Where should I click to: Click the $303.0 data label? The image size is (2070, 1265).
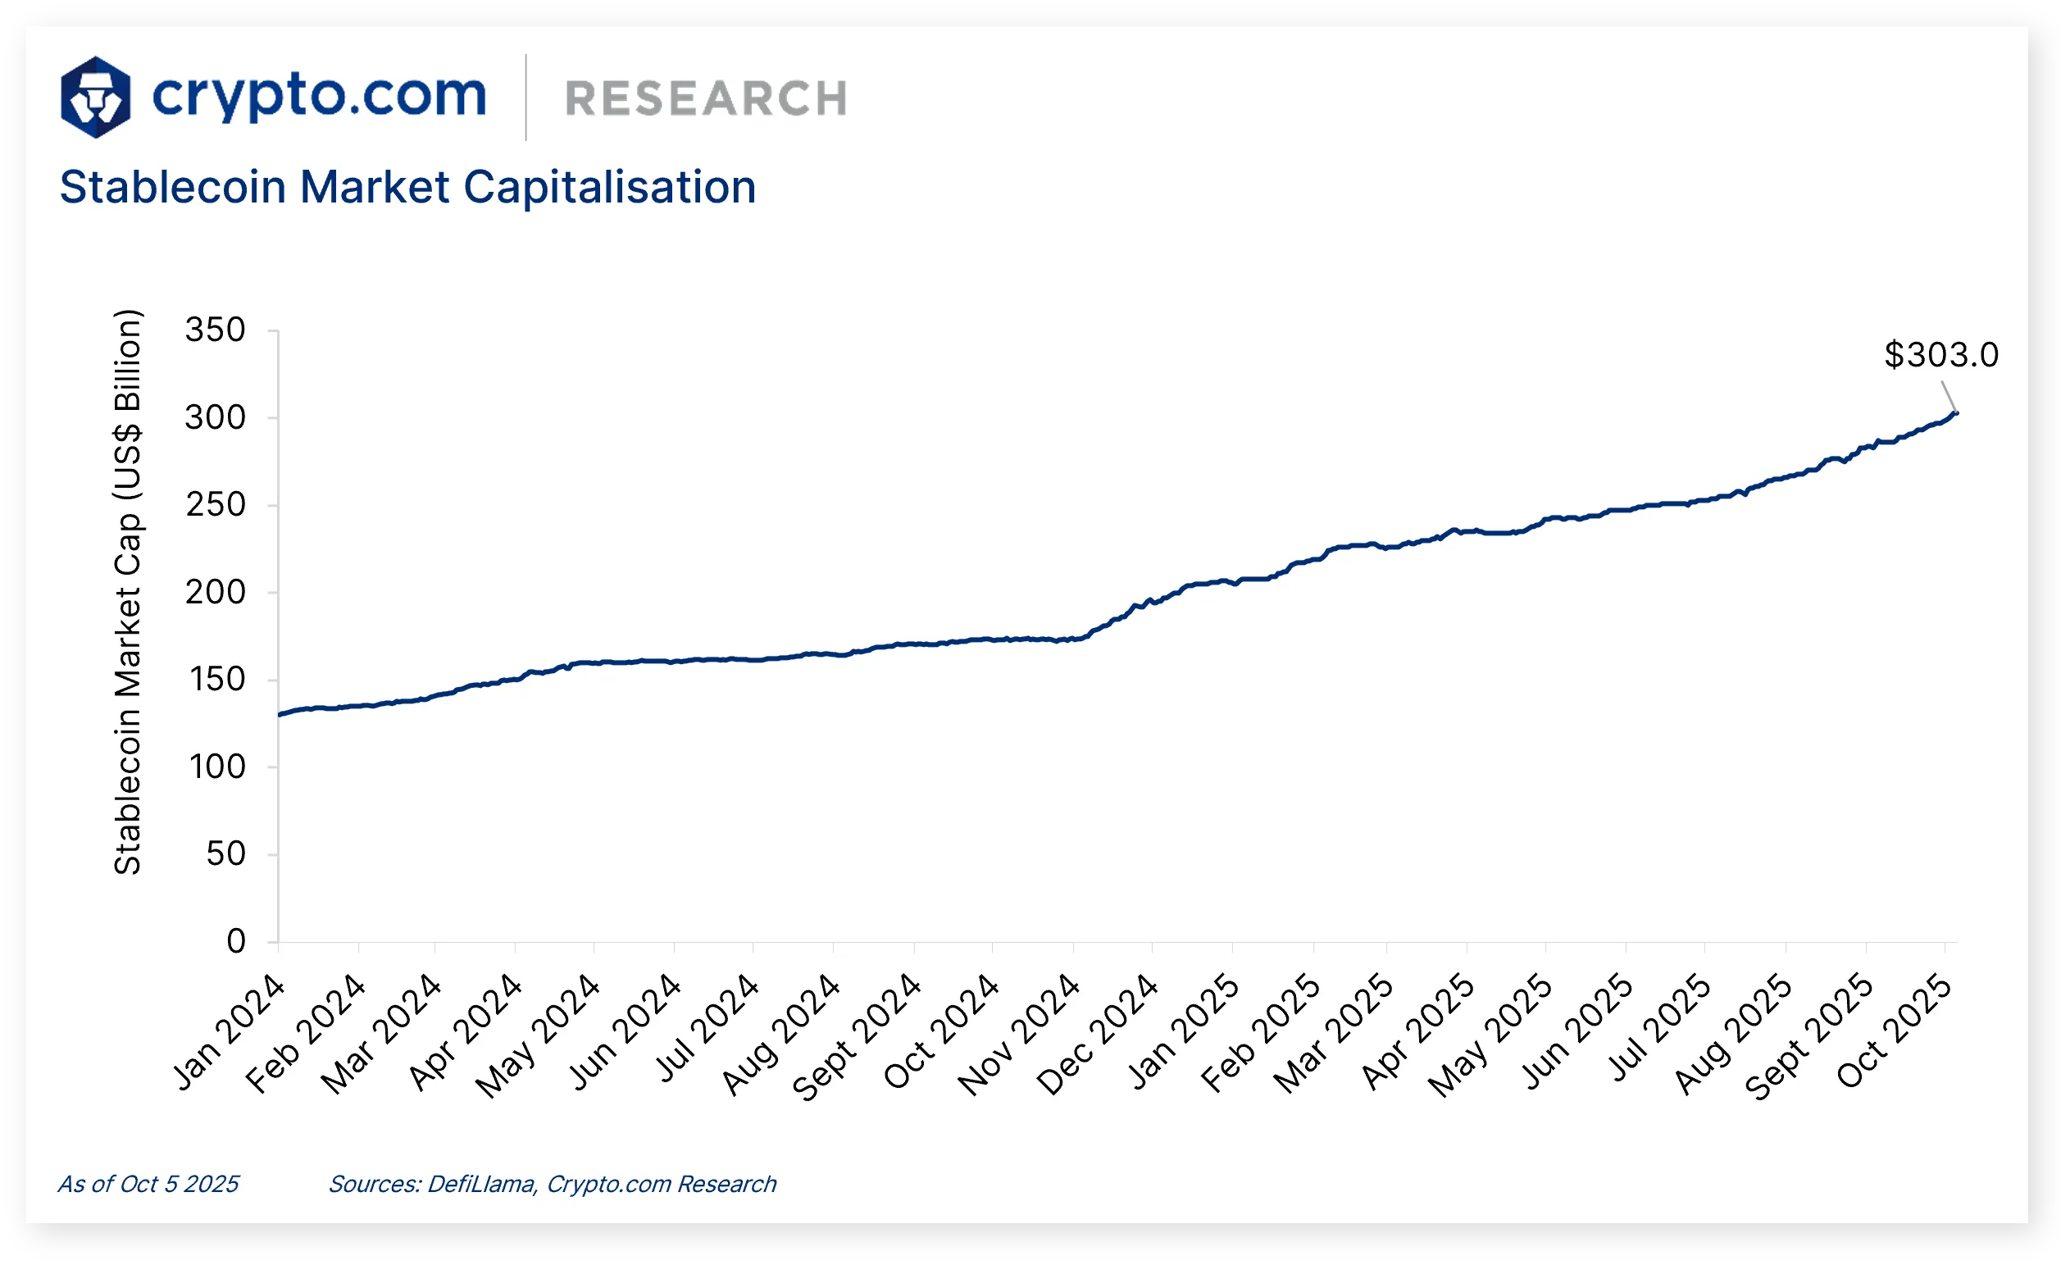coord(1940,355)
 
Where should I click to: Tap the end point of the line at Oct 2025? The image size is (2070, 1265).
coord(1957,412)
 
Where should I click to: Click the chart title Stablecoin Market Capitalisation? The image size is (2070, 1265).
coord(407,186)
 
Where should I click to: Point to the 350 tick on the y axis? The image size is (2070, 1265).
coord(215,330)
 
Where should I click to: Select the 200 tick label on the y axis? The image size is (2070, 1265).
coord(215,592)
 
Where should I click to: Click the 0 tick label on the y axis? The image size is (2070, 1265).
coord(236,942)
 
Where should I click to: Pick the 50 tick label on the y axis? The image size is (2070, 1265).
coord(225,854)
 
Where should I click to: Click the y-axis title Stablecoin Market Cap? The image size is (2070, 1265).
coord(128,592)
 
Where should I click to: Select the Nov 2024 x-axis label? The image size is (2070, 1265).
coord(1019,1035)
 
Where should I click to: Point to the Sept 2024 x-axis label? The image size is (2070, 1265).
coord(856,1037)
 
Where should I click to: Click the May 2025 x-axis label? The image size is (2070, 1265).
coord(1490,1035)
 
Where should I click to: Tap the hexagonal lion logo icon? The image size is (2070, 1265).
coord(96,98)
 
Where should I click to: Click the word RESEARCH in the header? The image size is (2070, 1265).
coord(706,99)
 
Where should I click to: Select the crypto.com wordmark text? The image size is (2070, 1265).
coord(319,96)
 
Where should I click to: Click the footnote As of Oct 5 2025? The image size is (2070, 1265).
coord(148,1184)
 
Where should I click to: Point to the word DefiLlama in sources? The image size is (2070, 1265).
coord(481,1184)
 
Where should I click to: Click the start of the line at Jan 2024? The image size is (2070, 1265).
coord(280,714)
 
